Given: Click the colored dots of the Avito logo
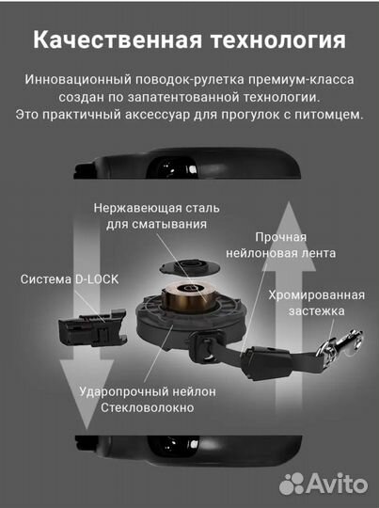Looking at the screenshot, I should click(292, 483).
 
